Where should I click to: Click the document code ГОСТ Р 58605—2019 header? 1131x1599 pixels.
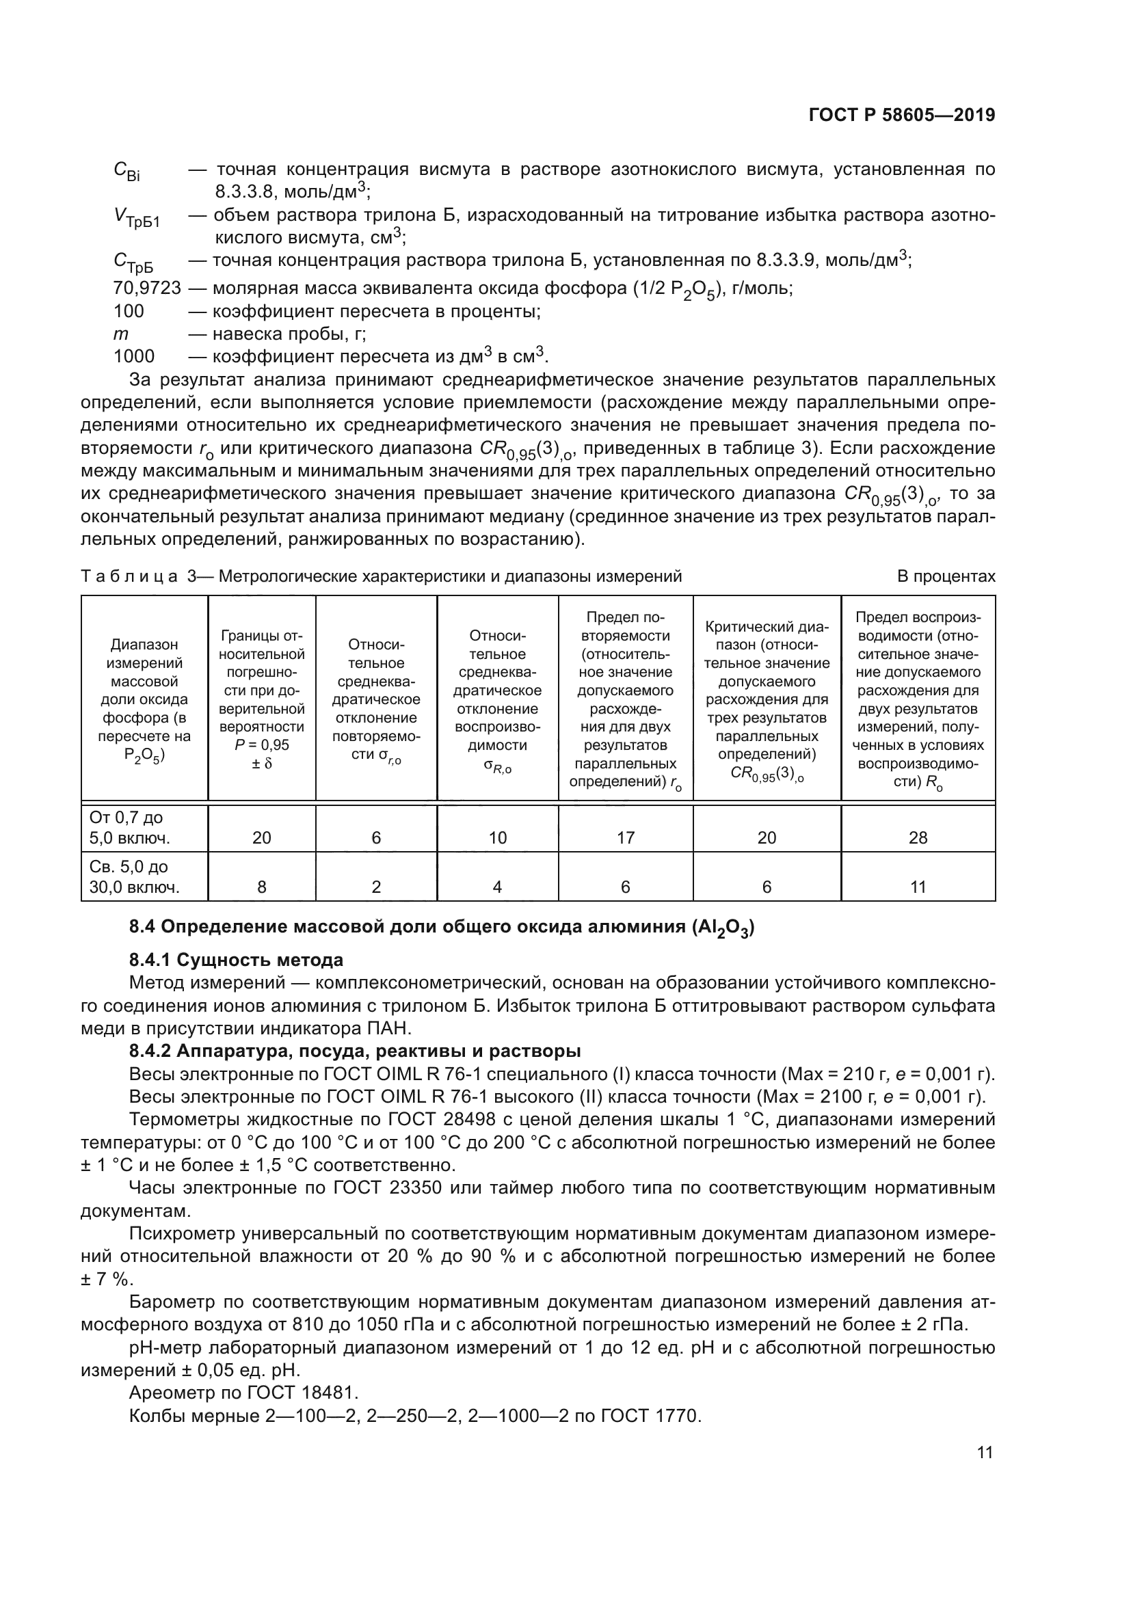tap(901, 116)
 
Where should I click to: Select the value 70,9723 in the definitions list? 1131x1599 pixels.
tap(147, 288)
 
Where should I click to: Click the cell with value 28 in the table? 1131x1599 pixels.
tap(917, 837)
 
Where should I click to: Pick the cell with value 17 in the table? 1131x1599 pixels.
tap(625, 837)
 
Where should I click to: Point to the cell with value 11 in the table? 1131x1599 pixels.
tap(917, 887)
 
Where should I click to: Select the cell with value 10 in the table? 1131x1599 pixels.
tap(497, 837)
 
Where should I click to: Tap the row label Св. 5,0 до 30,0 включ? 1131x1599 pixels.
tap(134, 877)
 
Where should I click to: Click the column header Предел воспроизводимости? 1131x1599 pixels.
tap(917, 699)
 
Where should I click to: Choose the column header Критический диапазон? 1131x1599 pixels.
tap(766, 699)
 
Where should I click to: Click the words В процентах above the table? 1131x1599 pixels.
tap(946, 576)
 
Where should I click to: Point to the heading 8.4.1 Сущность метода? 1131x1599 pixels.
tap(236, 960)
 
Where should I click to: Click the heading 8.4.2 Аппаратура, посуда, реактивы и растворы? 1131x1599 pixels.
tap(355, 1050)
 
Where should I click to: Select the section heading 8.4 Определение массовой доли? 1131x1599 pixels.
tap(442, 928)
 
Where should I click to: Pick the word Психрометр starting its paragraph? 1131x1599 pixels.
tap(182, 1233)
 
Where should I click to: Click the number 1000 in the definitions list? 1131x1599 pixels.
tap(134, 357)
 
